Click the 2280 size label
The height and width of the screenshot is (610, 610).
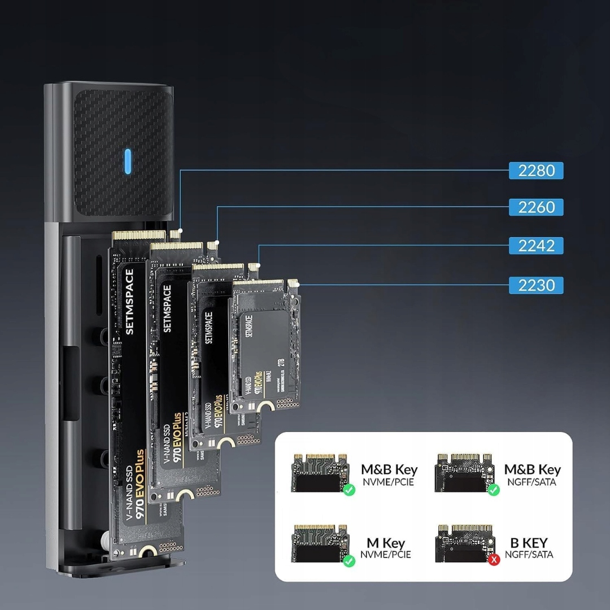click(x=536, y=171)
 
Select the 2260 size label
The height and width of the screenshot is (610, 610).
click(x=536, y=207)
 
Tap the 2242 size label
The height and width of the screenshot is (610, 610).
click(x=536, y=246)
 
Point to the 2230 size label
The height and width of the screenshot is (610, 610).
click(x=536, y=285)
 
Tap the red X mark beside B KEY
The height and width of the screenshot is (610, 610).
click(x=494, y=559)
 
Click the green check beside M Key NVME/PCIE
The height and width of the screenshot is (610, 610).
click(x=349, y=561)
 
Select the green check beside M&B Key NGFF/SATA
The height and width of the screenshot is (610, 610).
click(x=494, y=489)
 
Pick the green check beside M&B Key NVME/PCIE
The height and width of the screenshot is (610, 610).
click(x=349, y=489)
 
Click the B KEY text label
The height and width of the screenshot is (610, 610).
click(x=529, y=543)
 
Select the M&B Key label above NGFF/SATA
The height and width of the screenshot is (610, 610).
click(x=532, y=469)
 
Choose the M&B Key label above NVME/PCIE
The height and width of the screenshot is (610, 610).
click(x=389, y=469)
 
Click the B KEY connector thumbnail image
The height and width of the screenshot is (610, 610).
click(x=464, y=543)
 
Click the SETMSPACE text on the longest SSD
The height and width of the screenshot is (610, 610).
click(x=130, y=302)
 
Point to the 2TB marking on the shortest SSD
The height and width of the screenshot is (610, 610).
click(x=280, y=362)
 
